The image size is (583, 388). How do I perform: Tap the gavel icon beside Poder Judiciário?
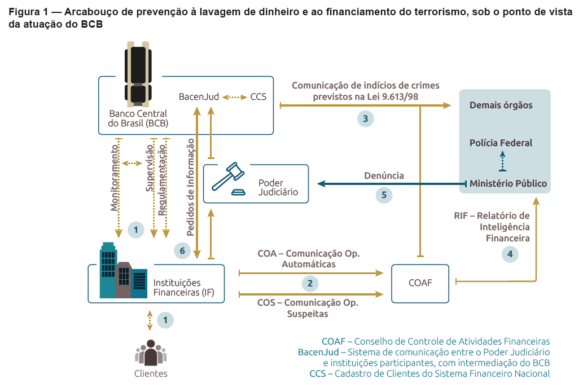pos(229,178)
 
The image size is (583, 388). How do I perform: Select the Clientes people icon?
pos(151,352)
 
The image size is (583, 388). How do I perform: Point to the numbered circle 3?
pos(366,119)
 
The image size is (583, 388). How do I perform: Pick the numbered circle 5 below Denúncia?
pos(384,195)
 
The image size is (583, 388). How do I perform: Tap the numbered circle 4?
pos(510,254)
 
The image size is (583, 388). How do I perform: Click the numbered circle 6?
pos(182,251)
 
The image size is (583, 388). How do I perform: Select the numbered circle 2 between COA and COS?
pos(310,284)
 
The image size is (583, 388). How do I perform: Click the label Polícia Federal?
pos(501,143)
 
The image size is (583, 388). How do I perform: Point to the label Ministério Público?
pos(508,184)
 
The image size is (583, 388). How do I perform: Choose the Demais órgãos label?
pos(501,105)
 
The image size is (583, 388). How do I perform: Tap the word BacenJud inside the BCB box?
pos(199,97)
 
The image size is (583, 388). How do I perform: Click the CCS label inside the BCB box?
pos(258,97)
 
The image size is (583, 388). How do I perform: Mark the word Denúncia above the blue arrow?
pos(384,175)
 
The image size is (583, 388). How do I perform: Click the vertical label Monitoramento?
pos(115,178)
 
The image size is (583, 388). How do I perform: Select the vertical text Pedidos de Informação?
pos(190,187)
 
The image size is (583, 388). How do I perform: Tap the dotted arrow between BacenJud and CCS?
pos(235,98)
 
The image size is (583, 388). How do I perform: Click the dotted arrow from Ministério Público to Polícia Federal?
pos(503,161)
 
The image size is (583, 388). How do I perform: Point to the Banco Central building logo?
pos(138,74)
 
